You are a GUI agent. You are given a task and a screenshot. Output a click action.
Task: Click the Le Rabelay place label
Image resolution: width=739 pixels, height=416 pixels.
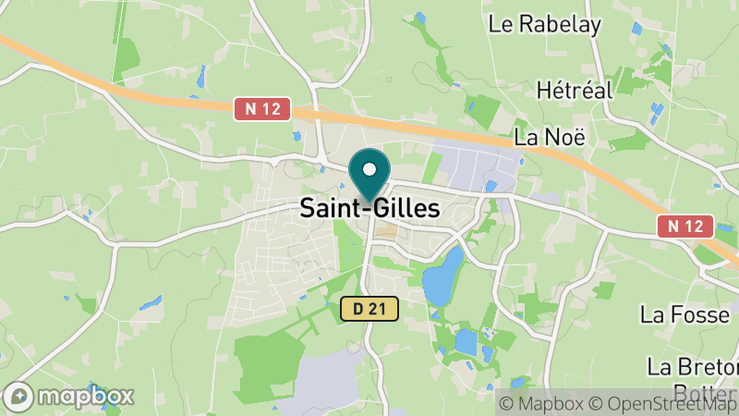pyautogui.click(x=545, y=24)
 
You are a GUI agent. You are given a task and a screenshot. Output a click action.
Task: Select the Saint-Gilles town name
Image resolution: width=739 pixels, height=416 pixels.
pyautogui.click(x=369, y=209)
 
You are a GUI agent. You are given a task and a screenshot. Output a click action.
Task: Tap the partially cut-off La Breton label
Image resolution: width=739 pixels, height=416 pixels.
pyautogui.click(x=692, y=366)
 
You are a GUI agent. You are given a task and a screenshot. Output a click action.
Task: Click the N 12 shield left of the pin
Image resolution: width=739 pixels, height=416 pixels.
pyautogui.click(x=262, y=109)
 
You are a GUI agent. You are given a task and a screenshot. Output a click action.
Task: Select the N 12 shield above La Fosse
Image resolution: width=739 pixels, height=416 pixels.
pyautogui.click(x=686, y=226)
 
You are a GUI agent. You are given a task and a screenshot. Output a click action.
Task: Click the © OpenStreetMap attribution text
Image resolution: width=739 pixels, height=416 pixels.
pyautogui.click(x=662, y=403)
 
